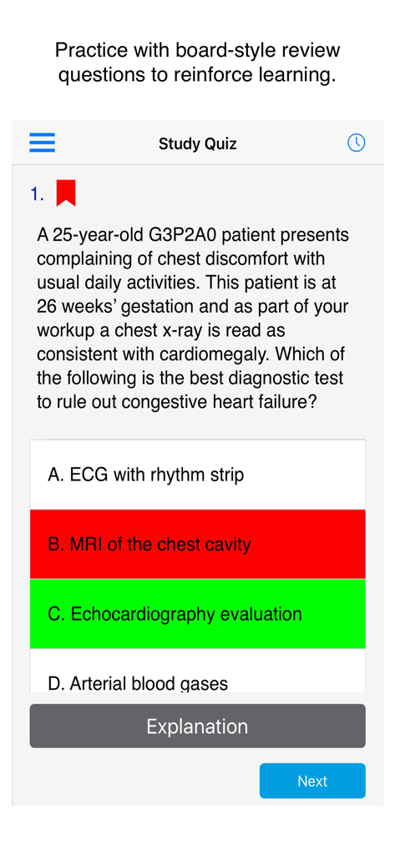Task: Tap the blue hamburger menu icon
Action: coord(43,143)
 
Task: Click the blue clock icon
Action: coord(356,143)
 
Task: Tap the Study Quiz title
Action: coord(197,143)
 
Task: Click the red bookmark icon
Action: coord(66,193)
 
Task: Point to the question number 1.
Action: coord(36,194)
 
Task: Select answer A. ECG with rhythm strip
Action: coord(197,475)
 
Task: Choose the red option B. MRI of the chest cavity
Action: coord(197,545)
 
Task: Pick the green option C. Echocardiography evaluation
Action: coord(197,614)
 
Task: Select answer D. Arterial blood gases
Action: coord(197,680)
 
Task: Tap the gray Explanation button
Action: coord(197,726)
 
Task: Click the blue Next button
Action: coord(312,781)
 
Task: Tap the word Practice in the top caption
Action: coord(88,50)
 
